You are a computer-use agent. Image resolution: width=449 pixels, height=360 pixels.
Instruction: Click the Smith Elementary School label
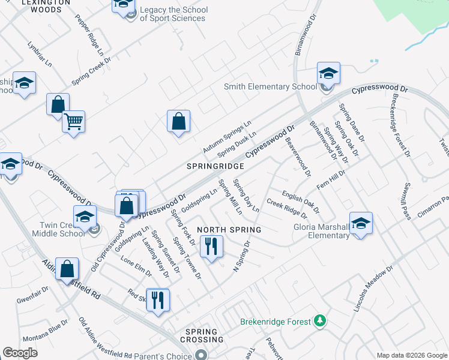(x=270, y=86)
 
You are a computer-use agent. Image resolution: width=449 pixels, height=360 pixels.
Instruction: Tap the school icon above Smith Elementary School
(x=328, y=74)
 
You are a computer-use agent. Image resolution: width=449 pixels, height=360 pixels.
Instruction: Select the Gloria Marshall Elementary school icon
(x=361, y=223)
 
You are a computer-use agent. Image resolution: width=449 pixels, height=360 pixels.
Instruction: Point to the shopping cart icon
(x=73, y=122)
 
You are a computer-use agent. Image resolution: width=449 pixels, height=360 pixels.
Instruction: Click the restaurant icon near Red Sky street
(x=158, y=299)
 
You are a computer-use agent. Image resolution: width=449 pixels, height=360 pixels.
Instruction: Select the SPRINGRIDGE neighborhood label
(x=215, y=166)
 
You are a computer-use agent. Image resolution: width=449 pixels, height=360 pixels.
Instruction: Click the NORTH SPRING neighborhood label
(x=229, y=230)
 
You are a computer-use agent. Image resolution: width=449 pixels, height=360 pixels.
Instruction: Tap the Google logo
(x=20, y=353)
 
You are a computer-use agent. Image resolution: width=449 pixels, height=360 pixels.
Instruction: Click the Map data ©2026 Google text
(x=411, y=355)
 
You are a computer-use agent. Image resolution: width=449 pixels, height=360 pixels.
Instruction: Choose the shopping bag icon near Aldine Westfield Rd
(x=68, y=269)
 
